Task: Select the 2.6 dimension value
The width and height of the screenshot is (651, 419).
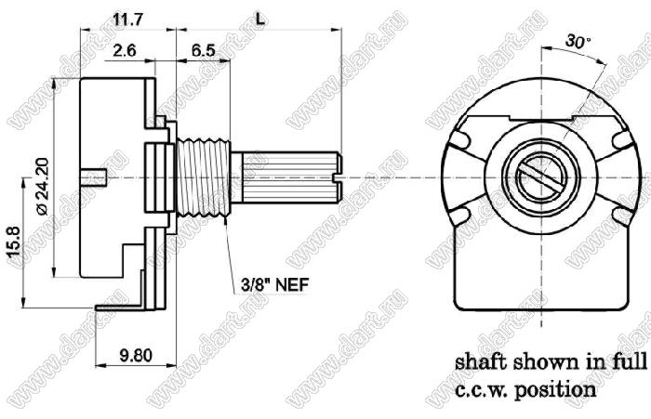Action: [124, 50]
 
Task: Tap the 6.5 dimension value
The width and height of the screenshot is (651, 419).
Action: [204, 50]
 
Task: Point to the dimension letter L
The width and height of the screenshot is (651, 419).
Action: [259, 20]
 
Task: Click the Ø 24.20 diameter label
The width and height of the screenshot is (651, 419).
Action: [43, 186]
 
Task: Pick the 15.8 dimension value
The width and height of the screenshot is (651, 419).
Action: [13, 242]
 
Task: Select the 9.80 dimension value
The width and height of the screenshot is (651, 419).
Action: [136, 356]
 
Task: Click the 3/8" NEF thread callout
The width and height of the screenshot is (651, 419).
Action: [275, 285]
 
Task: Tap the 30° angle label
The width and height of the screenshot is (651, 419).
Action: [578, 41]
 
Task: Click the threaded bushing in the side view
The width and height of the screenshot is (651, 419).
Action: [204, 178]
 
